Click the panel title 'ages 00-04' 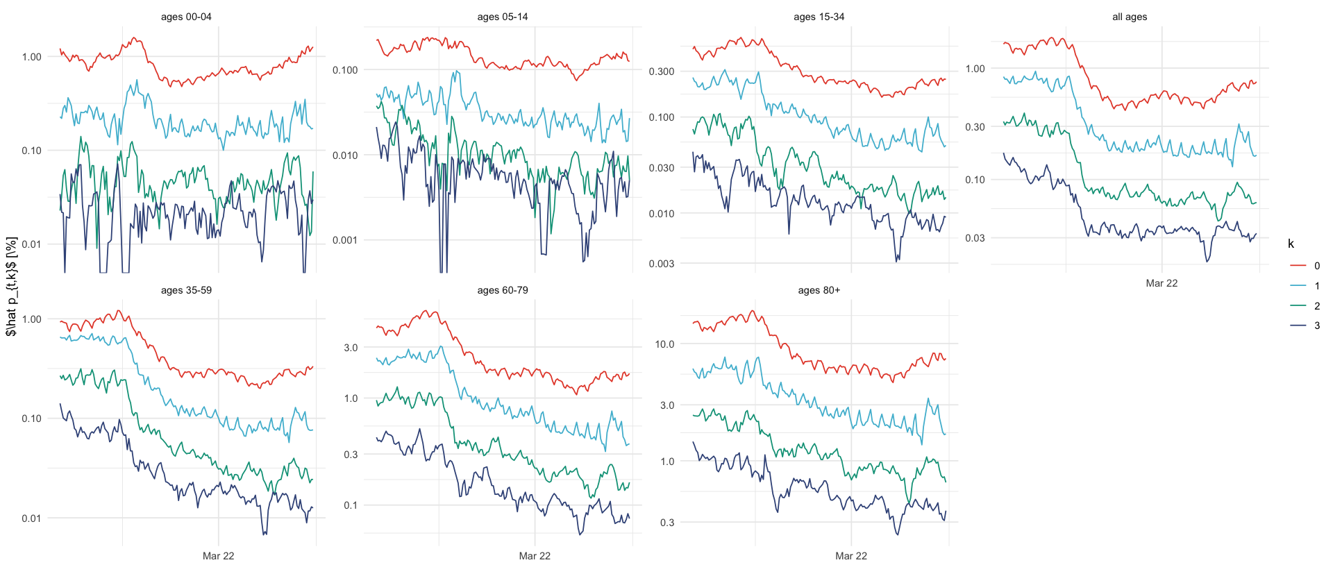[x=186, y=17]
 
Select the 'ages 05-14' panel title [x=503, y=17]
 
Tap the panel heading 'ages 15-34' [x=819, y=17]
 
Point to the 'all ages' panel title [x=1130, y=17]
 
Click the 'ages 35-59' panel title [x=186, y=290]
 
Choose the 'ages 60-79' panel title [x=503, y=290]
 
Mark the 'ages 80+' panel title [x=819, y=290]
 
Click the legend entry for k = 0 [x=1305, y=266]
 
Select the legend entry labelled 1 [x=1305, y=286]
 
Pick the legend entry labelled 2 [x=1305, y=306]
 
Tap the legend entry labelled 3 [x=1305, y=326]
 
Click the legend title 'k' [x=1291, y=244]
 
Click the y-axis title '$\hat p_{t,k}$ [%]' [x=11, y=286]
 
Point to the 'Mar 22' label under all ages [x=1162, y=283]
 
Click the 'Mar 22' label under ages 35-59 [x=218, y=556]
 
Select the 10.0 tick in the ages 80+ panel [x=664, y=344]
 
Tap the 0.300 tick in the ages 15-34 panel [x=661, y=71]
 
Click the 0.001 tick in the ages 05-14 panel [x=344, y=241]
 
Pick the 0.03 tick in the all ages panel [x=975, y=238]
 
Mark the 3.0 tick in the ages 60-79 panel [x=351, y=348]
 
